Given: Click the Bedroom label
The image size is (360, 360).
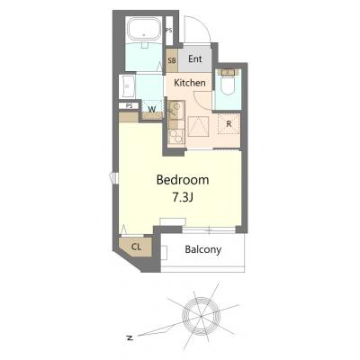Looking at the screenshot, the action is [x=183, y=180].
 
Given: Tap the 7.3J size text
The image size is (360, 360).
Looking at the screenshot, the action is [x=183, y=197].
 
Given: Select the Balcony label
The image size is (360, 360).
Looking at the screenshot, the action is [x=203, y=249].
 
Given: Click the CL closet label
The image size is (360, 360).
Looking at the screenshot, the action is [x=136, y=247].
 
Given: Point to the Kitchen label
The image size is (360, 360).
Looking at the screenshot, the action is [x=190, y=83].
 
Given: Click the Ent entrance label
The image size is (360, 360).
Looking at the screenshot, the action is [x=195, y=58].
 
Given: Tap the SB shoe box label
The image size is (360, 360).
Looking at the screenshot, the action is [x=172, y=60].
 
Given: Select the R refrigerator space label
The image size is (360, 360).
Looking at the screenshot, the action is [x=229, y=123].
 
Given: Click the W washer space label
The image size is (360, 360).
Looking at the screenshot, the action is [x=152, y=110].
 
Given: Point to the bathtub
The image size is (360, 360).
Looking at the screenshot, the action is [x=144, y=30].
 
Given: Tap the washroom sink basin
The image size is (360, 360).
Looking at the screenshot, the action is [x=128, y=86].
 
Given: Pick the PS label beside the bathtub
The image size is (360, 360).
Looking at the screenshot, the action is [x=169, y=31].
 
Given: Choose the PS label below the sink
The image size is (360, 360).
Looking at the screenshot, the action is [x=129, y=105].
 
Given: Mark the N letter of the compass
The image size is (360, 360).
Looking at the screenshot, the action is [x=130, y=337].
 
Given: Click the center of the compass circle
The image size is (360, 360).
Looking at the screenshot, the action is [x=201, y=316].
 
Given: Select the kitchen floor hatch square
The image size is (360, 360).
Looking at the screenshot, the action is [x=198, y=127].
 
